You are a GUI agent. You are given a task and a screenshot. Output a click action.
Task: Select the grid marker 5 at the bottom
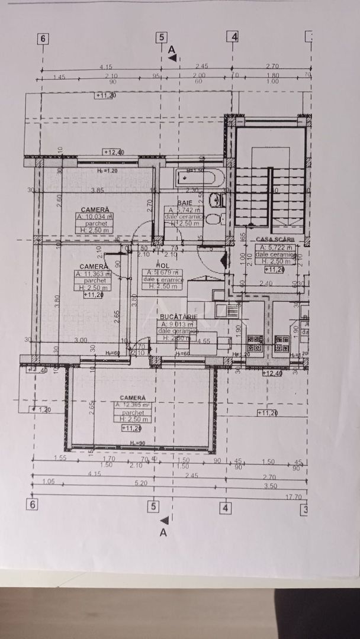click(x=153, y=506)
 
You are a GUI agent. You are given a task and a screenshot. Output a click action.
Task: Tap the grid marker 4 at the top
click(x=234, y=37)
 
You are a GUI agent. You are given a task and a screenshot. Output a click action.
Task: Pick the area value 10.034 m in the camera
click(x=94, y=217)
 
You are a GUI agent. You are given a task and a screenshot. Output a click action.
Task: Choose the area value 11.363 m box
click(x=92, y=274)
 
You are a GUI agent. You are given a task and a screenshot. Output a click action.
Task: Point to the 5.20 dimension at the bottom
click(x=140, y=482)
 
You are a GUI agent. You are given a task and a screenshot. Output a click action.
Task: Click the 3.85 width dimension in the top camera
click(x=96, y=190)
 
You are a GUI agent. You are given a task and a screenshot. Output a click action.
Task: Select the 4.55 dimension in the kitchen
click(x=204, y=340)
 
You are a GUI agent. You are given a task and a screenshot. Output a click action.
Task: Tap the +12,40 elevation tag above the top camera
click(x=114, y=152)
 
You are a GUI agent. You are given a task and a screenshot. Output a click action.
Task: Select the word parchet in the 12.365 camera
click(x=131, y=412)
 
